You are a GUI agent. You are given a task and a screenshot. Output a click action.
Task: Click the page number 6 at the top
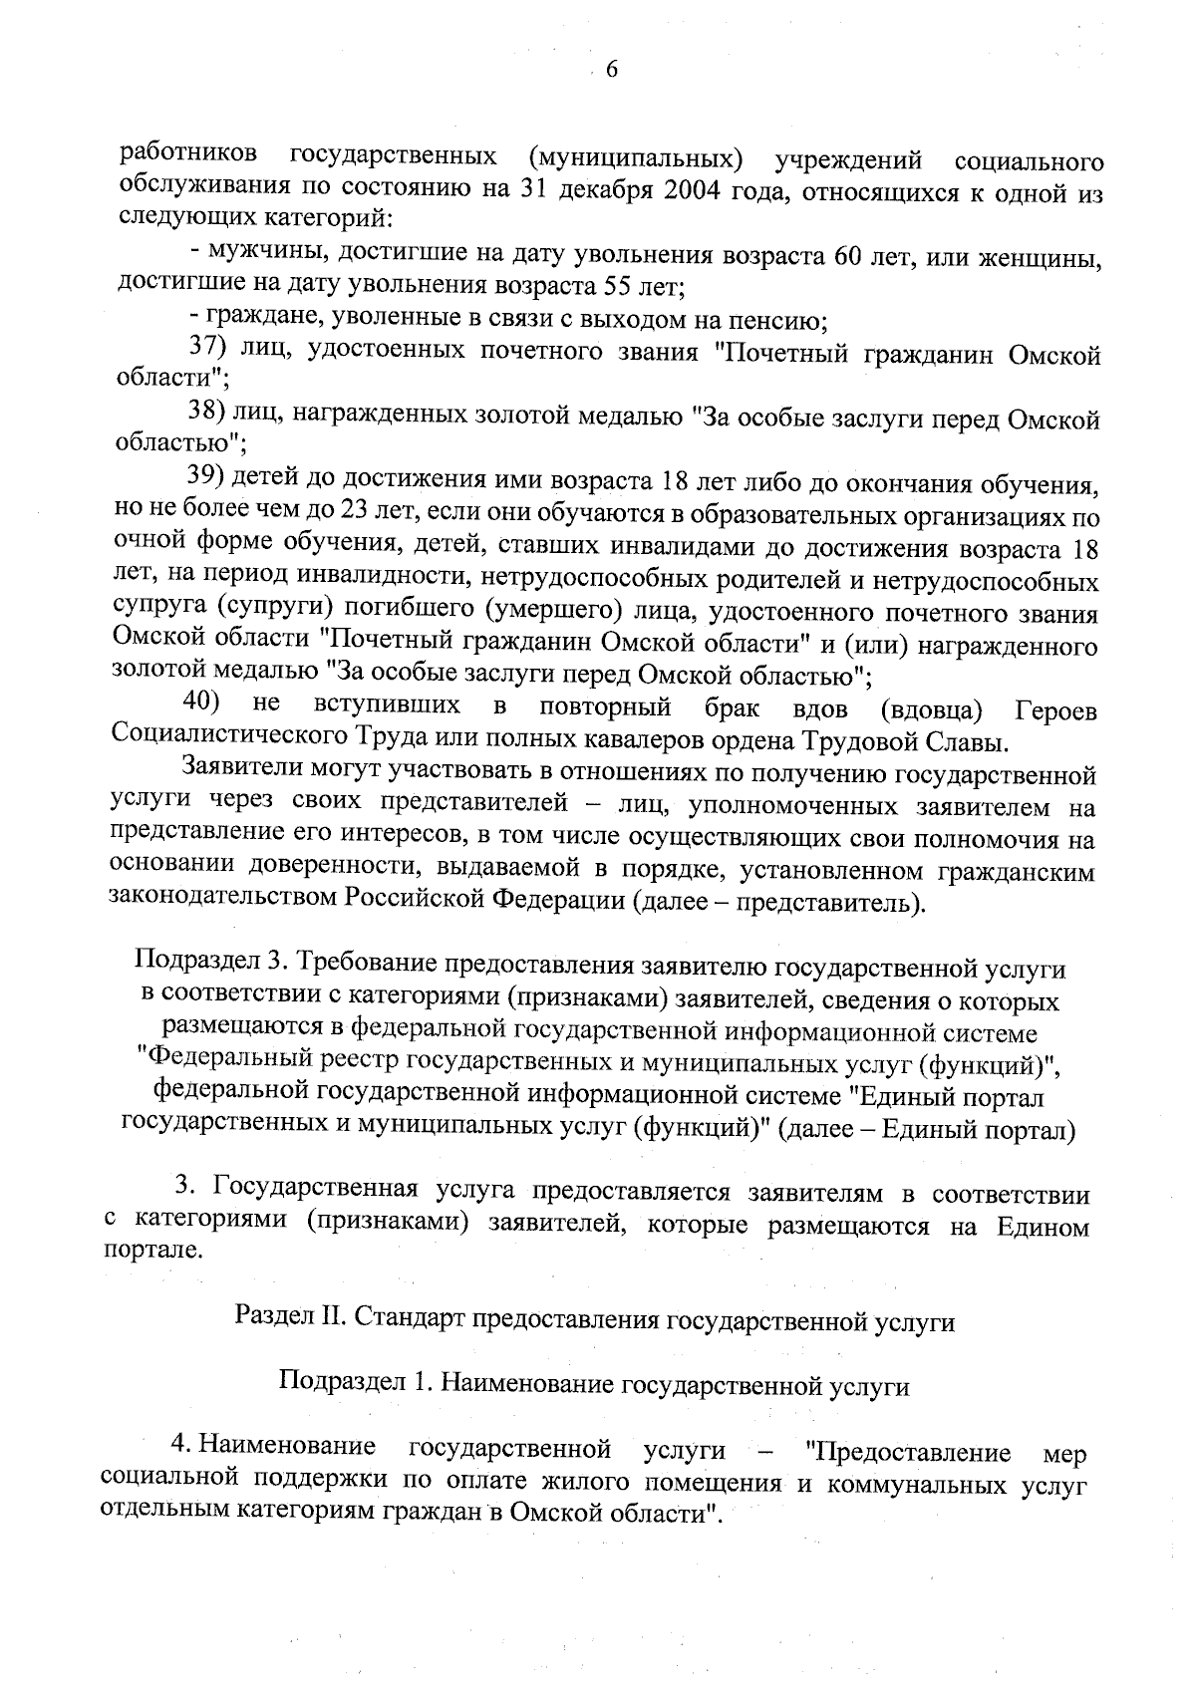611,69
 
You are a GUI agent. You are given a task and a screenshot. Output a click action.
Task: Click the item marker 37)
210,349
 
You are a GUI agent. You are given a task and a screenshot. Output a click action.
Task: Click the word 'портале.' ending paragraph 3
153,1253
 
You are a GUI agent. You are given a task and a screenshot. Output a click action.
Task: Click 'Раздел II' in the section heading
288,1322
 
